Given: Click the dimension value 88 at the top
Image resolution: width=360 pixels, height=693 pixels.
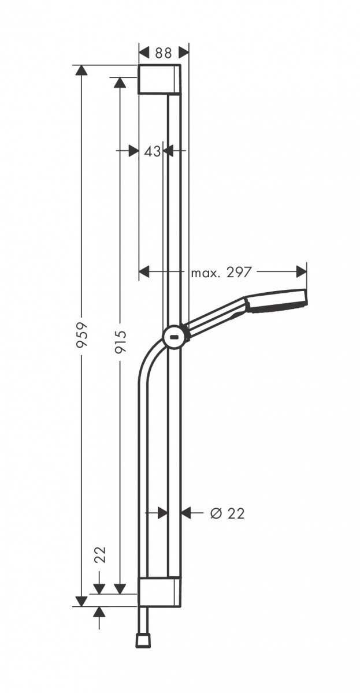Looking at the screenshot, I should (164, 53).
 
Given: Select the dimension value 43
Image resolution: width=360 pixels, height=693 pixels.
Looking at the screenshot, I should (151, 151).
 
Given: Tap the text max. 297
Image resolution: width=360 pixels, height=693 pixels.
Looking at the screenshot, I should (221, 273).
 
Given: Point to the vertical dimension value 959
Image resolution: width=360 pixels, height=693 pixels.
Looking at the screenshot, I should (81, 334).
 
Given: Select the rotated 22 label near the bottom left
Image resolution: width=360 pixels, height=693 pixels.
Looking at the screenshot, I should (100, 555).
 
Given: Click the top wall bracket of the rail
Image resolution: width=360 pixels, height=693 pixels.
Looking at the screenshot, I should (159, 79).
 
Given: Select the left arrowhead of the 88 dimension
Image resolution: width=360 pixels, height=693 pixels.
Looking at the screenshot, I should (144, 52).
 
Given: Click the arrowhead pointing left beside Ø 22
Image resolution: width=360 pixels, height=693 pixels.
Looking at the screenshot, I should (187, 512).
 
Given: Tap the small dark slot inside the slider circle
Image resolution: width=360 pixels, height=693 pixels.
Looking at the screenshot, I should (175, 337).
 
